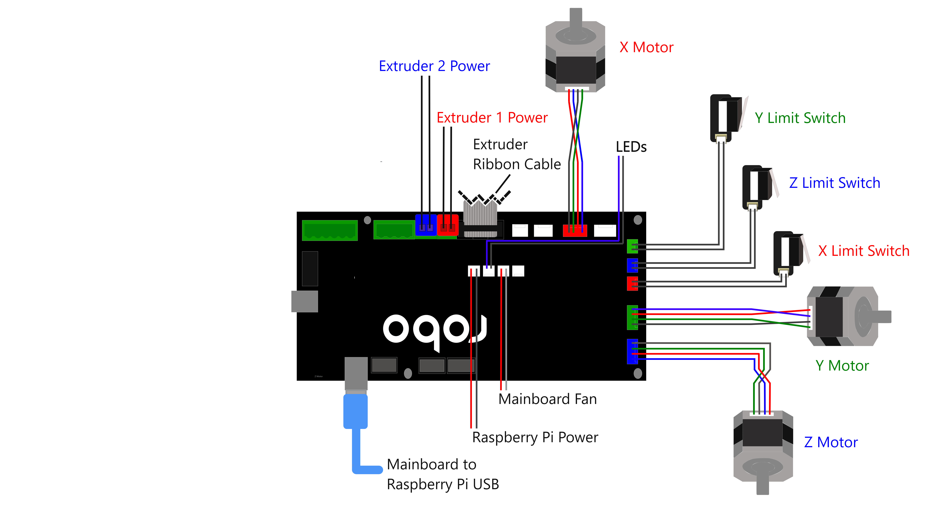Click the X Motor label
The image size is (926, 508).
click(x=646, y=47)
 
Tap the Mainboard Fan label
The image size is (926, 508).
click(x=547, y=399)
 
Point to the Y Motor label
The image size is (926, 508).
click(x=842, y=366)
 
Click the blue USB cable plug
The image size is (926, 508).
click(x=355, y=411)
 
